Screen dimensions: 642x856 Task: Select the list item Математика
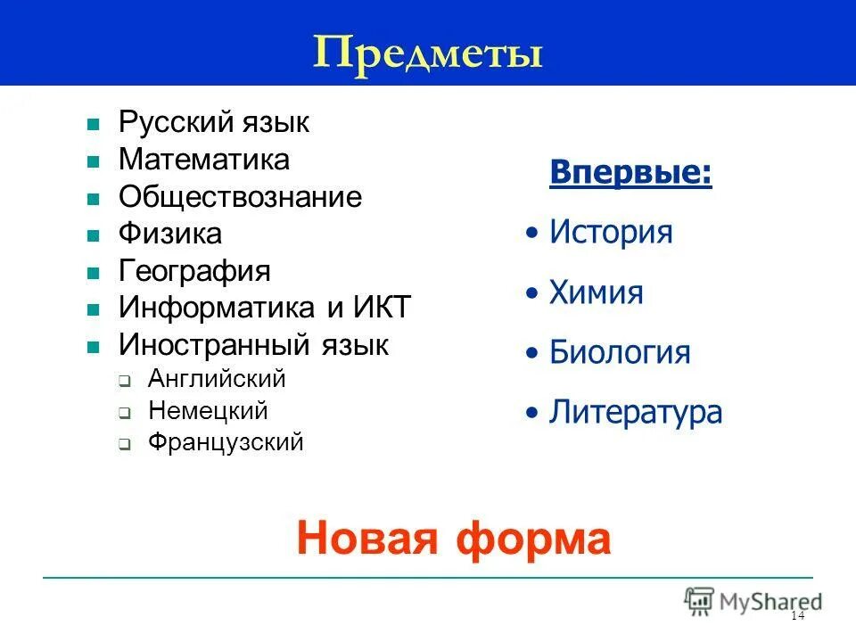click(x=204, y=160)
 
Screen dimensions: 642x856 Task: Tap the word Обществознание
click(x=240, y=197)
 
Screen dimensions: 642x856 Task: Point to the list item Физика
click(x=170, y=235)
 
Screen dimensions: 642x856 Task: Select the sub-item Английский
click(x=217, y=379)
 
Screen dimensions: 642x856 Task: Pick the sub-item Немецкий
click(x=208, y=411)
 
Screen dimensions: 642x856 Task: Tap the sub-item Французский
click(x=226, y=442)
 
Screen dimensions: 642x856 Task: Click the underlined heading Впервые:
click(x=631, y=172)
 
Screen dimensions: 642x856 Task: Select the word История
click(x=611, y=233)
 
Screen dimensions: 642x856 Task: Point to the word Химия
click(x=596, y=292)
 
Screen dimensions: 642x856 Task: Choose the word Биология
click(x=620, y=352)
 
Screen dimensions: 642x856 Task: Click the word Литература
click(x=635, y=412)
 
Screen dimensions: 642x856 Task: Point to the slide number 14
click(x=797, y=617)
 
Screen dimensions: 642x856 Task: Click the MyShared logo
click(x=753, y=600)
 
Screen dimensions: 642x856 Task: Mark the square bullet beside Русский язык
click(x=92, y=125)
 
